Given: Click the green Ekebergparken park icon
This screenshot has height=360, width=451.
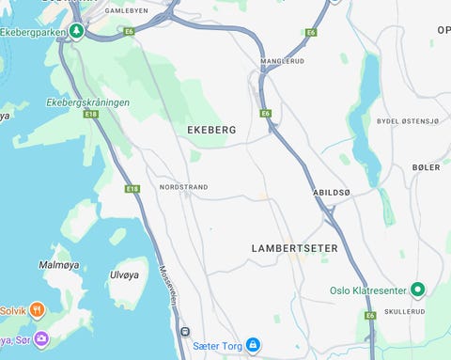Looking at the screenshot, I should pos(78,31).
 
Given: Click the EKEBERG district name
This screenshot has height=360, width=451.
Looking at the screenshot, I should pos(211,129).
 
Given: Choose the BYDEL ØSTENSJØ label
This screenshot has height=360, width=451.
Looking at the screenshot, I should pos(408,121).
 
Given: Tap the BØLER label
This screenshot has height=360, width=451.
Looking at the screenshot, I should pos(426,167).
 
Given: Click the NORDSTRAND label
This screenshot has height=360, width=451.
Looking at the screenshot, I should pos(183,187).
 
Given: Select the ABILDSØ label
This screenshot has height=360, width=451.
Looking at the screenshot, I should pos(331,192).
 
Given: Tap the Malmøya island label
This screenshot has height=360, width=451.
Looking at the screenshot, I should pos(57,265).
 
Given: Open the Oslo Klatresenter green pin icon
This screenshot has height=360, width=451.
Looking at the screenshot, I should pos(419,290).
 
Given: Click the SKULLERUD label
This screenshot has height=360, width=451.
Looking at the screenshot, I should pos(404,311).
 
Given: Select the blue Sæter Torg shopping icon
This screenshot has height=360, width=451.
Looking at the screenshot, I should pos(252,345).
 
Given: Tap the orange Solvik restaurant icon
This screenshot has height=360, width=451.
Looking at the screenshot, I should pos(37,309).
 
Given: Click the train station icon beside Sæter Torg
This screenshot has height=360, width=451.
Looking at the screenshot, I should pos(185,331).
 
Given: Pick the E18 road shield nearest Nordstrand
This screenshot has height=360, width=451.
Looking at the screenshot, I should pos(132,189).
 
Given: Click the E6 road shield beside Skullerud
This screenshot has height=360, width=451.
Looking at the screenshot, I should pos(370,316).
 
